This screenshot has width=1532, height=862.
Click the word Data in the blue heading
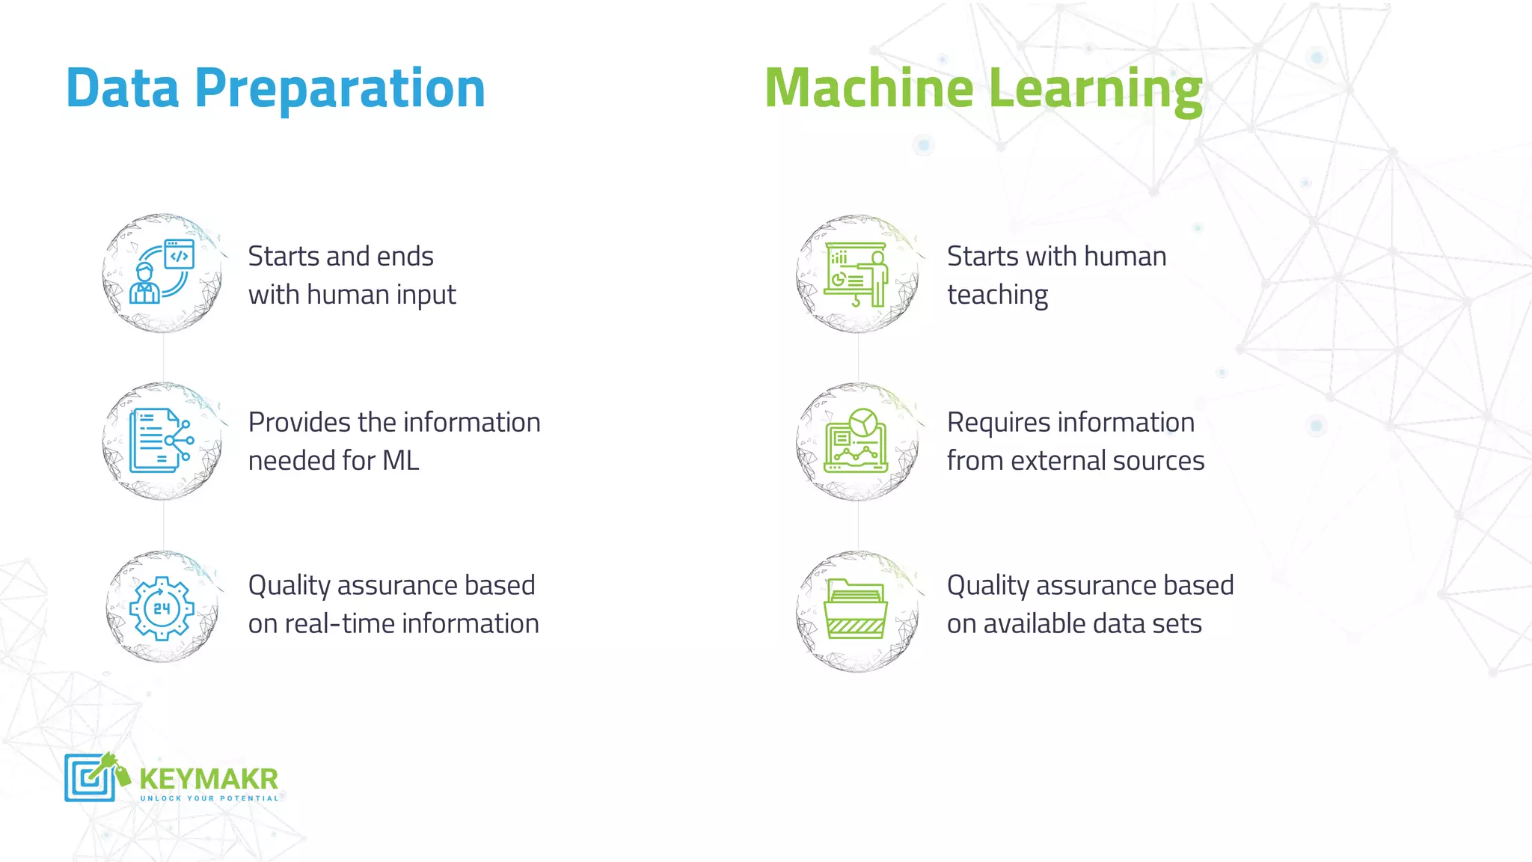point(123,88)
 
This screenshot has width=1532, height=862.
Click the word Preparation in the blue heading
point(340,88)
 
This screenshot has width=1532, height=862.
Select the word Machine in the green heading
point(868,88)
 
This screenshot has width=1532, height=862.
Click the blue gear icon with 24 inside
point(162,608)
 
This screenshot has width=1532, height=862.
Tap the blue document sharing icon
point(161,441)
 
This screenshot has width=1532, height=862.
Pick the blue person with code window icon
point(162,272)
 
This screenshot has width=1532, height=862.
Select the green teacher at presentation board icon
point(857,274)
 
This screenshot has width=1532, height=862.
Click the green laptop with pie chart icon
point(857,441)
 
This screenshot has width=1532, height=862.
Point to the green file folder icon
point(857,608)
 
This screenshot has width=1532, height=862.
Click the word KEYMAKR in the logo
point(209,779)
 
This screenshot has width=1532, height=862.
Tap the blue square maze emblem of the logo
point(89,777)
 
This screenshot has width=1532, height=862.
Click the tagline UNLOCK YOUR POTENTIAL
point(209,798)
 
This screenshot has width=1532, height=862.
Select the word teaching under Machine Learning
point(997,295)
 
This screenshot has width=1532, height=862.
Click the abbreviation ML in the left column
point(400,461)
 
